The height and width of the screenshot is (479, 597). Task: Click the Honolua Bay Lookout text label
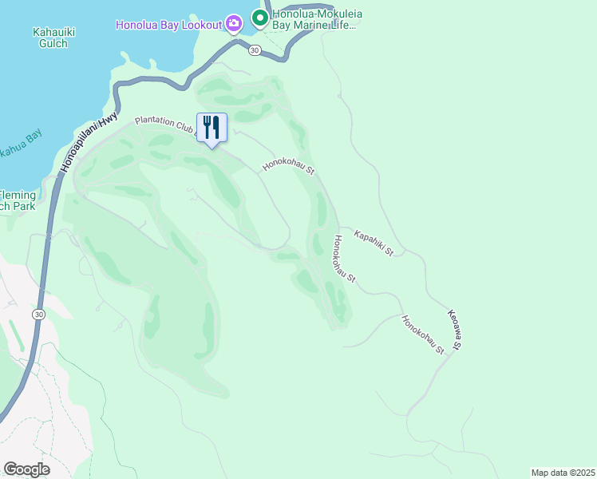pyautogui.click(x=168, y=24)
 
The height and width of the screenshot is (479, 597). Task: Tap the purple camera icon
pyautogui.click(x=233, y=23)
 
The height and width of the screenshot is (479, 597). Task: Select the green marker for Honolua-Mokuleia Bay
pyautogui.click(x=259, y=17)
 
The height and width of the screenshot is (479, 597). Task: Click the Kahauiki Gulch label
pyautogui.click(x=53, y=38)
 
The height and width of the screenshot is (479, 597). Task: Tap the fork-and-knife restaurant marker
pyautogui.click(x=212, y=128)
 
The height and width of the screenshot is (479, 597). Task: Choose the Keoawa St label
pyautogui.click(x=454, y=330)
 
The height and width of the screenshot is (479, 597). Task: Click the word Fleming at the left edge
pyautogui.click(x=18, y=195)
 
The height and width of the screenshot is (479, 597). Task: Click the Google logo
pyautogui.click(x=26, y=469)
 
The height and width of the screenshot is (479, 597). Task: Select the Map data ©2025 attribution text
pyautogui.click(x=563, y=473)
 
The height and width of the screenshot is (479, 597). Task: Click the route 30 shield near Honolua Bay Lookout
pyautogui.click(x=254, y=50)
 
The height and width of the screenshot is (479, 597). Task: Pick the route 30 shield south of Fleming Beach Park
pyautogui.click(x=38, y=315)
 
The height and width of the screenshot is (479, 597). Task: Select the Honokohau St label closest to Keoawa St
pyautogui.click(x=422, y=335)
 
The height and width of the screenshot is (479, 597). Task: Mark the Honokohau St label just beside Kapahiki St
pyautogui.click(x=344, y=259)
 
